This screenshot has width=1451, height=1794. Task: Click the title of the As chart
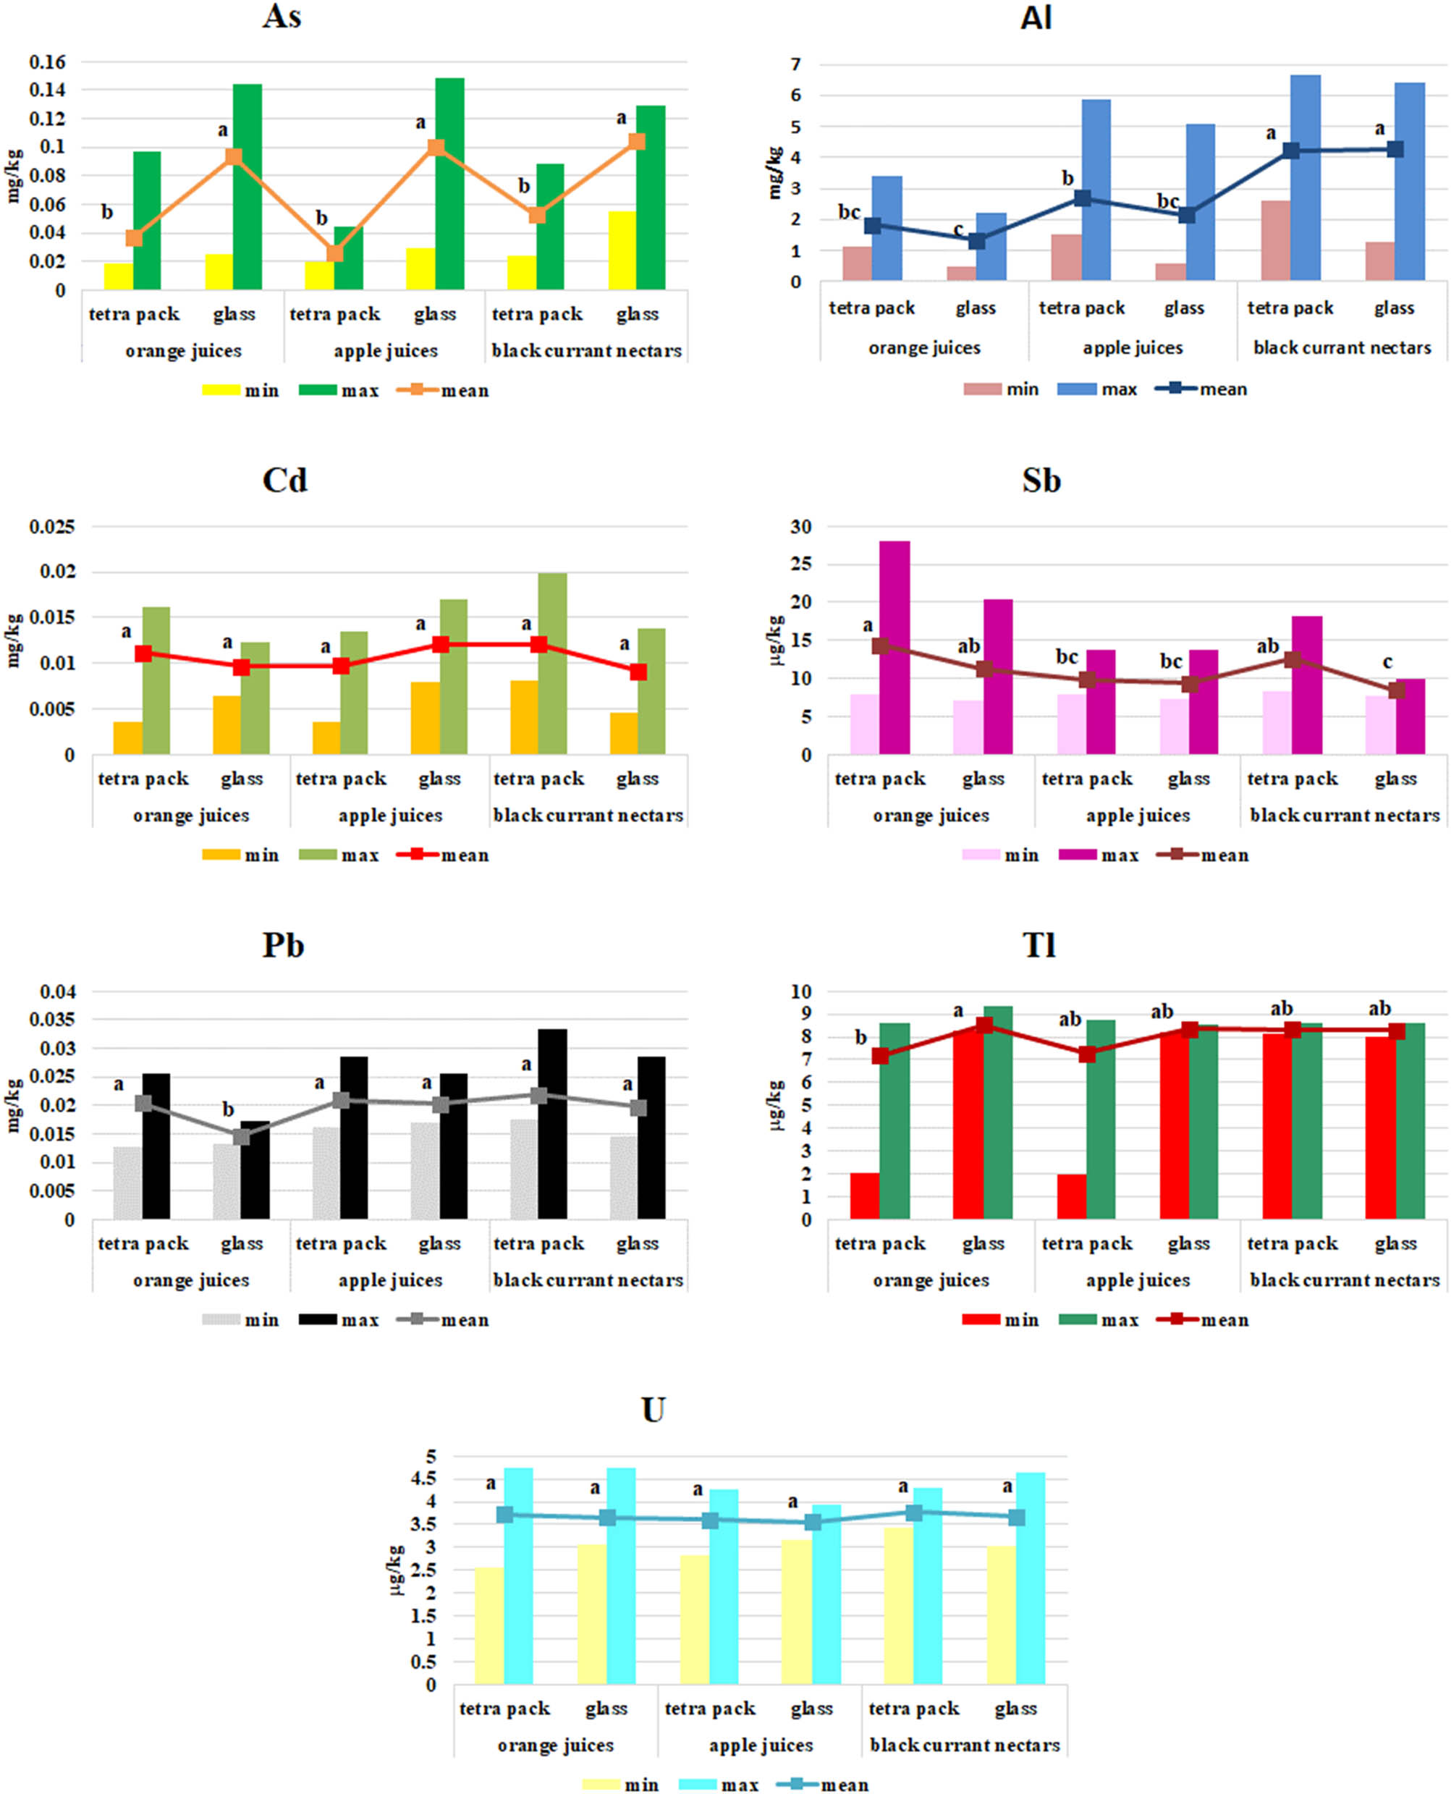pyautogui.click(x=282, y=17)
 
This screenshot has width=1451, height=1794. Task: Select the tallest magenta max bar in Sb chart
pyautogui.click(x=894, y=648)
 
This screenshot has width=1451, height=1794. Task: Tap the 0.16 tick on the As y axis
pyautogui.click(x=48, y=62)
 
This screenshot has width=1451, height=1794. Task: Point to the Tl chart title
pyautogui.click(x=1039, y=945)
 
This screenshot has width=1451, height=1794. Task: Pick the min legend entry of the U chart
pyautogui.click(x=621, y=1785)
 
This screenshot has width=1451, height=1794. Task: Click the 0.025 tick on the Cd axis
pyautogui.click(x=52, y=528)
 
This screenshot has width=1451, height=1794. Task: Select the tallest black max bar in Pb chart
pyautogui.click(x=551, y=1124)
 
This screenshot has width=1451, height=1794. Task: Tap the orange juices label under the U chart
pyautogui.click(x=555, y=1746)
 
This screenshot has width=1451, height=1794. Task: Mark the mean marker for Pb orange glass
pyautogui.click(x=242, y=1136)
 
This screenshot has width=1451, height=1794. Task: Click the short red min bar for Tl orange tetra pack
pyautogui.click(x=864, y=1196)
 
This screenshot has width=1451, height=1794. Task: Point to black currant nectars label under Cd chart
pyautogui.click(x=588, y=816)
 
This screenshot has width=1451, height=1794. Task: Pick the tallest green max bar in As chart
pyautogui.click(x=449, y=184)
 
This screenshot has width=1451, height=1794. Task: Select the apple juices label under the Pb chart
pyautogui.click(x=390, y=1280)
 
